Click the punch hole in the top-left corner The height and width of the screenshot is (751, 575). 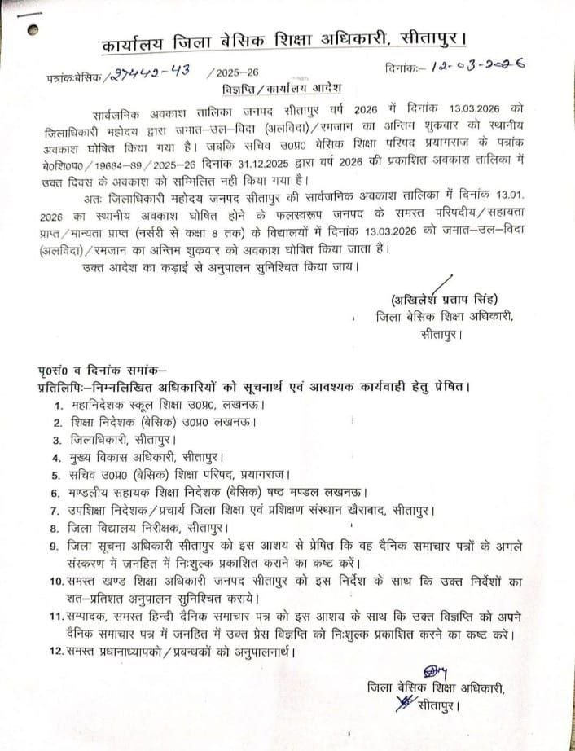32,29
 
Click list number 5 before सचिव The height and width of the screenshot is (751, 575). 57,476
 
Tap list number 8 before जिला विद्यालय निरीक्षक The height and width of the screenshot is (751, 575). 57,528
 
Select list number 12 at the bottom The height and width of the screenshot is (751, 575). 55,652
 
